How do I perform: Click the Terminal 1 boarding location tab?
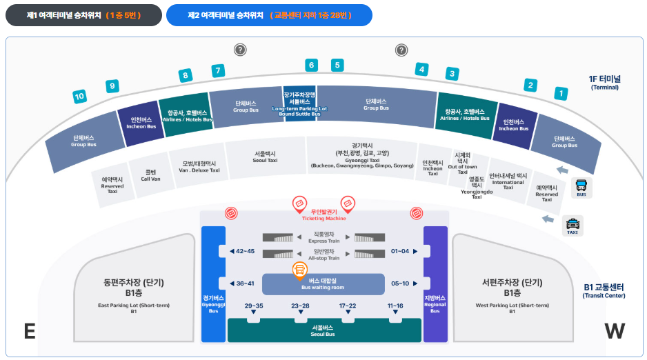coord(83,14)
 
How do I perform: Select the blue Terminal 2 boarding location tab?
coord(268,14)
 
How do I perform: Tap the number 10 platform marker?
coord(79,97)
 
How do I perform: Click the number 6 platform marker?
coord(311,66)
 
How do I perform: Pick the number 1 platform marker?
coord(561,93)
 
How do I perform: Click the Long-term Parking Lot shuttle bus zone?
coord(299,103)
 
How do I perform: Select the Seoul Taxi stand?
coord(266,157)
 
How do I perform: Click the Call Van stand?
coord(151,175)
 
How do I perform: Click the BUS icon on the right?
coord(581,187)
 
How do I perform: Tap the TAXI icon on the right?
coord(572,225)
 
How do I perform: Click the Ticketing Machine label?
coord(323,215)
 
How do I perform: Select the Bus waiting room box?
coord(323,283)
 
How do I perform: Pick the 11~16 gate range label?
coord(395,306)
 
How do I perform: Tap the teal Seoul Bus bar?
coord(323,331)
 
